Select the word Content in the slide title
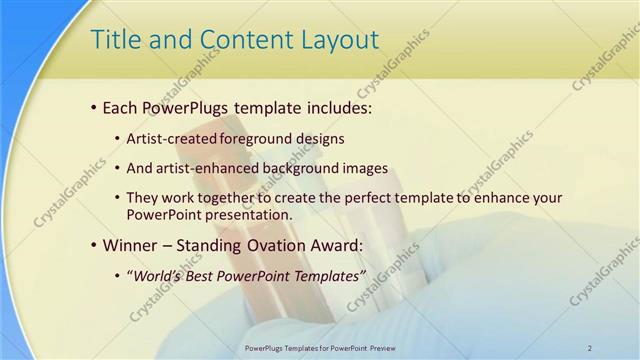(240, 40)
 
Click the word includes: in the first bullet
(337, 106)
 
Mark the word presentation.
(252, 214)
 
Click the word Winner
(130, 245)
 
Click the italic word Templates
(327, 276)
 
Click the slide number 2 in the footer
(590, 348)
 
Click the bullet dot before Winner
(94, 246)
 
